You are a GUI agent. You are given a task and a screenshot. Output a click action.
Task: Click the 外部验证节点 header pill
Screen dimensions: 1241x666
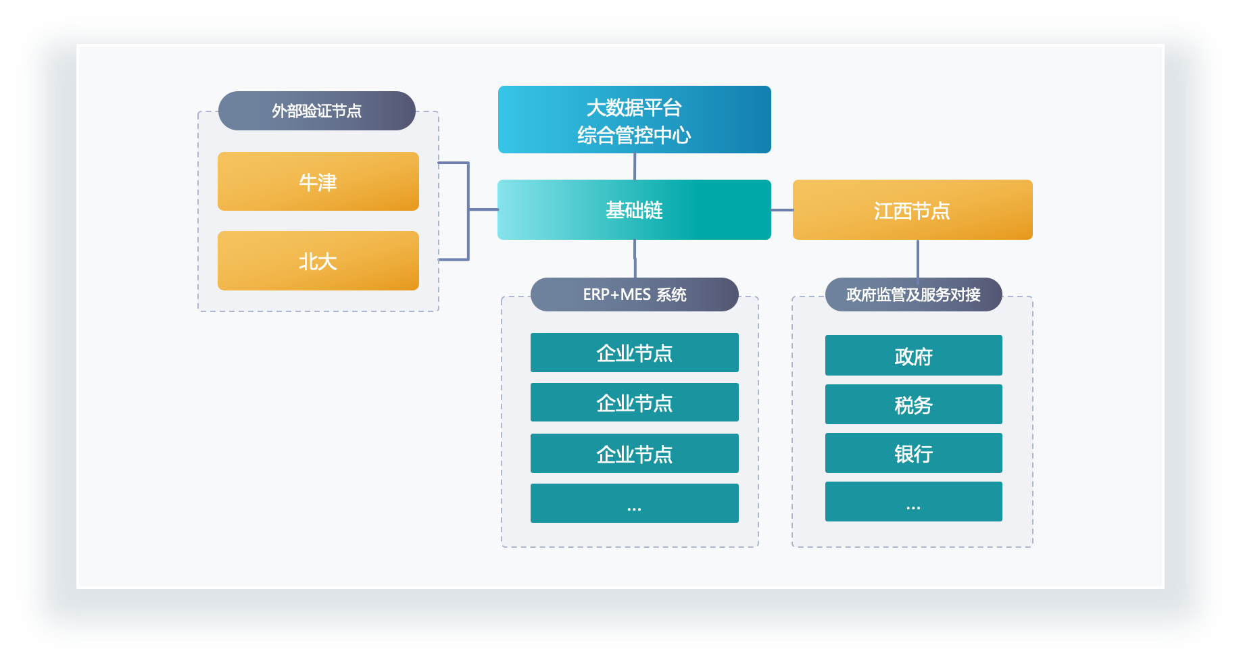pos(316,111)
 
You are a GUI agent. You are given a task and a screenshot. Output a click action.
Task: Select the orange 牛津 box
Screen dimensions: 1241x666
pos(318,181)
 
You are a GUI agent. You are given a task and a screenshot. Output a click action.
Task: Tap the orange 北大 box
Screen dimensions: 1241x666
pos(318,261)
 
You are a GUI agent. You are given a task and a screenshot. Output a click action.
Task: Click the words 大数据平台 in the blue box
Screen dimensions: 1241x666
pos(634,107)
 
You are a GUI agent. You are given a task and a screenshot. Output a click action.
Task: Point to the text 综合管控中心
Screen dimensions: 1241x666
pos(634,135)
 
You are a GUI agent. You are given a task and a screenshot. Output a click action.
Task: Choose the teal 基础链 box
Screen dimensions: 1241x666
pos(634,209)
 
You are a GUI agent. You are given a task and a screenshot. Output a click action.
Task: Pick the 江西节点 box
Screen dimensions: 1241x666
pos(912,209)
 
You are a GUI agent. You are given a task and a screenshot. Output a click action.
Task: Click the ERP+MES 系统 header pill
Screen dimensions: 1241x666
pos(635,294)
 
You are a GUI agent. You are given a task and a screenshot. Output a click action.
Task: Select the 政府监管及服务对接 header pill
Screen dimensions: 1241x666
pos(913,294)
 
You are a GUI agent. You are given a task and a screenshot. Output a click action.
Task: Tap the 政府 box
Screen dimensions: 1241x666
pos(914,355)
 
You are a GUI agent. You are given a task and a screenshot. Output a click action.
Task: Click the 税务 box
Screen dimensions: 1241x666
pos(914,405)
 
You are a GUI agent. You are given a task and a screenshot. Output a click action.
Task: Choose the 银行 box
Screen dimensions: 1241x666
pos(914,453)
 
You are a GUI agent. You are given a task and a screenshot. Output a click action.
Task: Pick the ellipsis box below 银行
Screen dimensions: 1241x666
pos(914,501)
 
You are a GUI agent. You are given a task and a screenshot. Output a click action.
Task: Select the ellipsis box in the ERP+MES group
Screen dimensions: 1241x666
pos(635,503)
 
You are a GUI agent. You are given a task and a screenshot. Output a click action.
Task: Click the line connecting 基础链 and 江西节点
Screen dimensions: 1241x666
pos(782,210)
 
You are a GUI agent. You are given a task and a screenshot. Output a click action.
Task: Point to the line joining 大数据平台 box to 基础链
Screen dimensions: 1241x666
pos(635,166)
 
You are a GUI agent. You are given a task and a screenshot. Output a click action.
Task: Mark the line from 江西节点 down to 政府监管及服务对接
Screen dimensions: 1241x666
pos(917,259)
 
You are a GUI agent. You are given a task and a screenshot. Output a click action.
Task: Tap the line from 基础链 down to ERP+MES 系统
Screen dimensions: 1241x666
pos(635,259)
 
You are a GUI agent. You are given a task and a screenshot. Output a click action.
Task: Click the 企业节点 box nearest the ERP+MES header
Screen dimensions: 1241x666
pos(635,353)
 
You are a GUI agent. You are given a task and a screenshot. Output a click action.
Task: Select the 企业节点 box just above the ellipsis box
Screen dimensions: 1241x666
pos(635,453)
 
